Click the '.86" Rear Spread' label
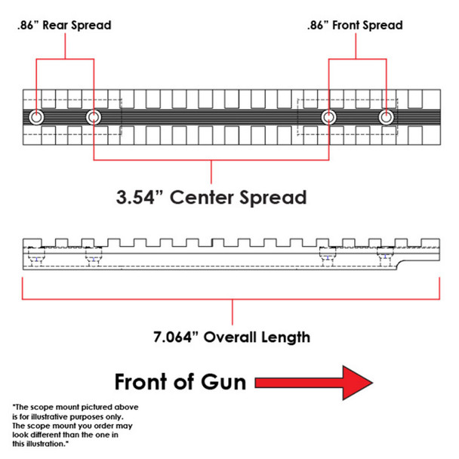click(63, 26)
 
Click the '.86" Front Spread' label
click(354, 25)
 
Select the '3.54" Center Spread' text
click(211, 198)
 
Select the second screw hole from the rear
click(93, 117)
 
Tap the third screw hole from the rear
click(328, 117)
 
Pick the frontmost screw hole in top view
click(386, 117)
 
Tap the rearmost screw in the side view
click(35, 259)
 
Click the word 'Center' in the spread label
click(210, 198)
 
